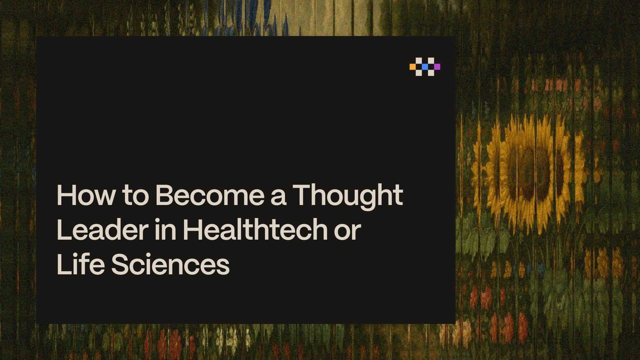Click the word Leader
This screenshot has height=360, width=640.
pos(102,230)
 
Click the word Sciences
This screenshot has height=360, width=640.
pos(170,264)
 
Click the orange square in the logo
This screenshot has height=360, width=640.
pos(413,67)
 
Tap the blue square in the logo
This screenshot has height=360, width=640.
pos(425,67)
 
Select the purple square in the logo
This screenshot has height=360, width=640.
pos(437,67)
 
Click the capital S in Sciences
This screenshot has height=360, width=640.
pos(120,264)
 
